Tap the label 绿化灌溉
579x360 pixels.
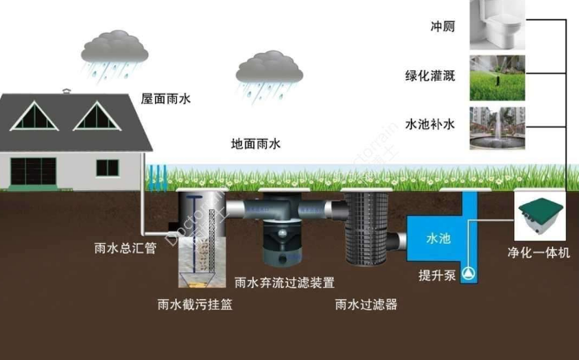432,75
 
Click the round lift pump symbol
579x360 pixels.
468,272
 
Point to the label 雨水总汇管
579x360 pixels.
125,247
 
